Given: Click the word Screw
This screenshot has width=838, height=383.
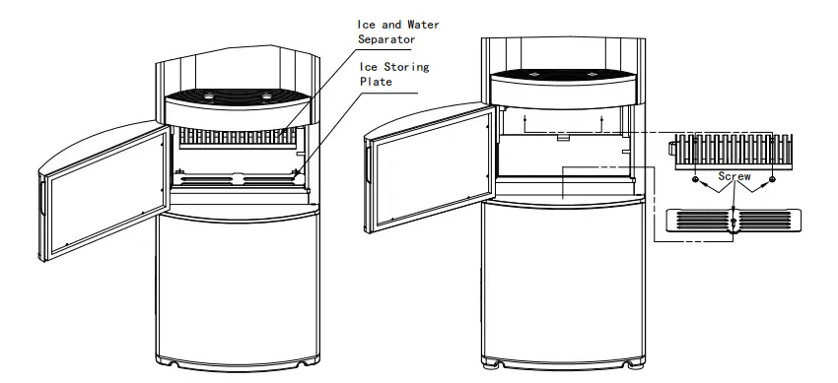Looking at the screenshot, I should (x=734, y=176).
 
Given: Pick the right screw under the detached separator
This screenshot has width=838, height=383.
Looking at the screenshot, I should (x=772, y=181).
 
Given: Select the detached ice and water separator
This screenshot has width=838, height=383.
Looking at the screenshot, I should (x=733, y=148).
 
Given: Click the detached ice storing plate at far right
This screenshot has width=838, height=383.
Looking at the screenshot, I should (x=733, y=219).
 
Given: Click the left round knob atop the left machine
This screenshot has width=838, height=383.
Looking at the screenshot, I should (x=209, y=96).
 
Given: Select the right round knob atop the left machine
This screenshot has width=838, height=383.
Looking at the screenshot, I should (x=266, y=96).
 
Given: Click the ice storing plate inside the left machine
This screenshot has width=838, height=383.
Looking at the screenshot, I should (x=237, y=178).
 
